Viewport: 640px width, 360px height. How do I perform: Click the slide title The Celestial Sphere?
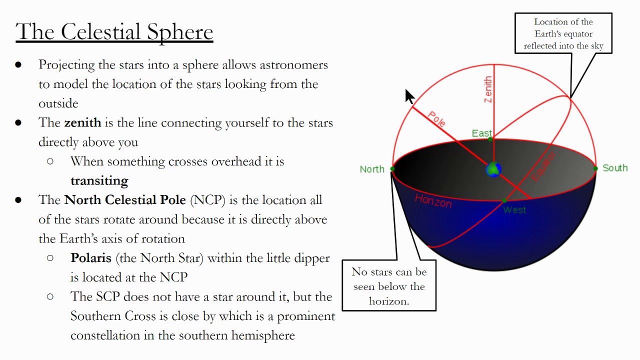(x=114, y=32)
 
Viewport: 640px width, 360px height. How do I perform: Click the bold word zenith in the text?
(x=82, y=122)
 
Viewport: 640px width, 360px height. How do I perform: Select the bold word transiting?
(x=99, y=180)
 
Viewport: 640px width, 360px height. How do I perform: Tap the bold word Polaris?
(x=91, y=258)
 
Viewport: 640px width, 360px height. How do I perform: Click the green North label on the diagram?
(x=372, y=169)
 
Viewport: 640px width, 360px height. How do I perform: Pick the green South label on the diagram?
(x=615, y=168)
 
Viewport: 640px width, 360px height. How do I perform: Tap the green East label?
(x=482, y=133)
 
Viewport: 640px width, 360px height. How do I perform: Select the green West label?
(x=514, y=210)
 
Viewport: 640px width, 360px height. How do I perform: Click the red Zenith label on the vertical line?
(x=488, y=90)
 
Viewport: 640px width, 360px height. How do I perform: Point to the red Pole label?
(x=436, y=119)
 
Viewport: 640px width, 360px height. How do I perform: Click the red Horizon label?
(x=433, y=201)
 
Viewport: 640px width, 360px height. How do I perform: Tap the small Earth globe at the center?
(x=493, y=169)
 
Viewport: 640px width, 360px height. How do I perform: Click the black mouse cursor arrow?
(x=409, y=96)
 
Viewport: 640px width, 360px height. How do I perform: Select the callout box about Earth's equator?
(x=563, y=33)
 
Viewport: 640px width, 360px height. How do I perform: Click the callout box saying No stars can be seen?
(x=389, y=286)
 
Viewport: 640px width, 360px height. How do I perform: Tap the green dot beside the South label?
(x=595, y=168)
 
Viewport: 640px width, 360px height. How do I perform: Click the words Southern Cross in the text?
(x=105, y=316)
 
